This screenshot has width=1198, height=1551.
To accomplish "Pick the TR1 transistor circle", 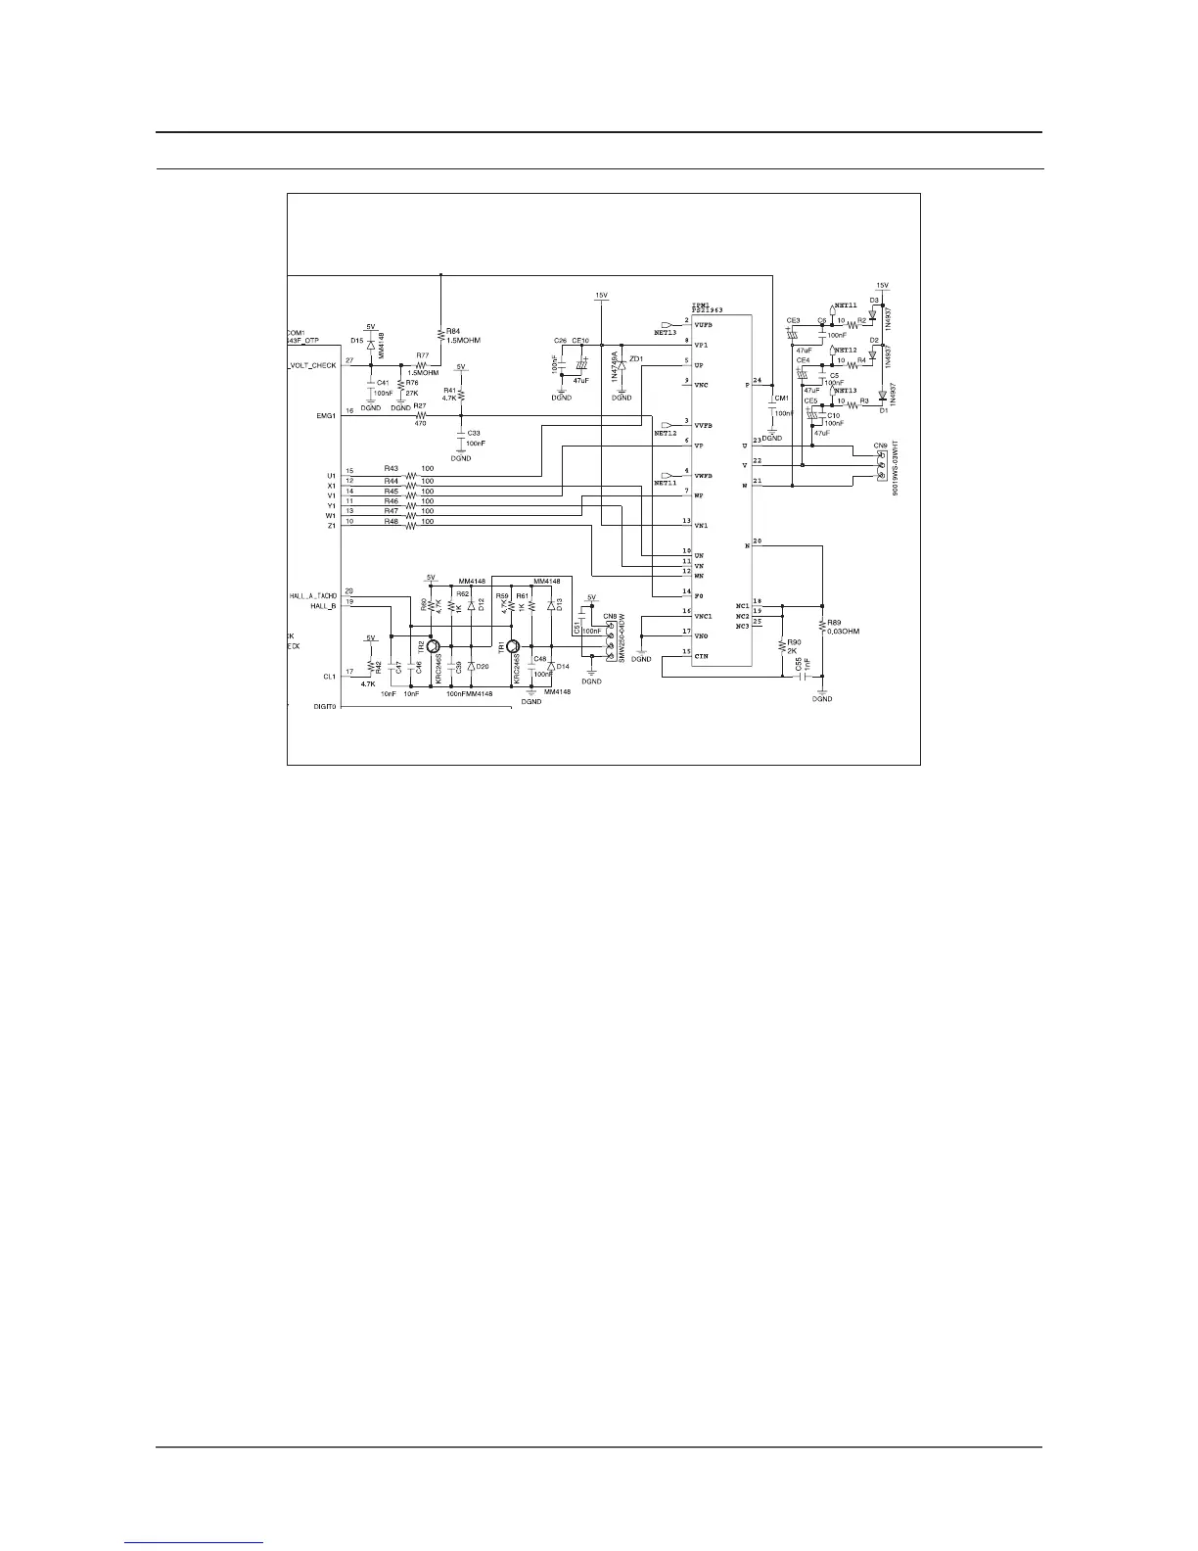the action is tap(512, 647).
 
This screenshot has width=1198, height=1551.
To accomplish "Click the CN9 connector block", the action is tap(881, 465).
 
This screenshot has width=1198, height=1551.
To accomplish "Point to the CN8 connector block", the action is tap(611, 638).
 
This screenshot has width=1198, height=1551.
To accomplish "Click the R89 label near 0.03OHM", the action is tap(834, 622).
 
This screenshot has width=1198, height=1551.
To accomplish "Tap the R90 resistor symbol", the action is tap(782, 644).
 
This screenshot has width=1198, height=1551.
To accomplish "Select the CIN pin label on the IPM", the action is tap(701, 656).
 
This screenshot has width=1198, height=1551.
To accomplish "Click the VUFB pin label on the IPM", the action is tap(703, 324).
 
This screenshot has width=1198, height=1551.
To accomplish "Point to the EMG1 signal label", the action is tap(326, 415).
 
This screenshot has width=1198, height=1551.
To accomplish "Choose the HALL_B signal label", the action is tap(324, 606).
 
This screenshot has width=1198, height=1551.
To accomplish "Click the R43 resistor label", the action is tap(392, 468).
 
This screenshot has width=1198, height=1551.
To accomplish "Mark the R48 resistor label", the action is tap(392, 522).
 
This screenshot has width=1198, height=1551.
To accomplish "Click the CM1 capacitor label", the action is tap(781, 398).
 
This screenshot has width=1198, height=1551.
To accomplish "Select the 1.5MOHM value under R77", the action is tap(422, 372).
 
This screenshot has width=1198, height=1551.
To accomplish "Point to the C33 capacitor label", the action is tap(474, 433).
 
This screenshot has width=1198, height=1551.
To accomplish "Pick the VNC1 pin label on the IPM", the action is tap(703, 616).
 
